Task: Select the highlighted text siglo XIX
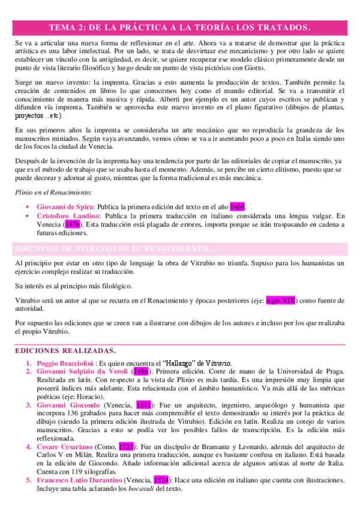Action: (x=280, y=301)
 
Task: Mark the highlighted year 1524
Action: (x=160, y=481)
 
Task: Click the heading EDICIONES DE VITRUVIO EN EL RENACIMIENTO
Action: (x=112, y=248)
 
